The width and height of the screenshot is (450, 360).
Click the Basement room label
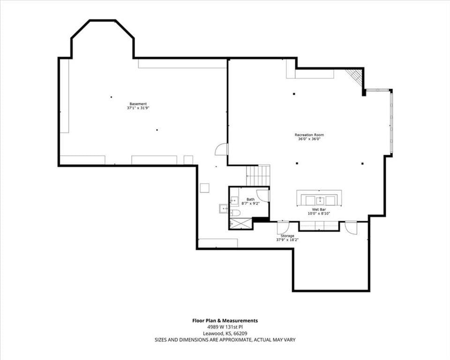click(138, 104)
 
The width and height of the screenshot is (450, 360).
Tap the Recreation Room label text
click(309, 135)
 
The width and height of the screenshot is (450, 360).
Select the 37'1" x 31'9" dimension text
click(138, 108)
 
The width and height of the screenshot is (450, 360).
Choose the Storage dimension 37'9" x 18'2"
click(287, 240)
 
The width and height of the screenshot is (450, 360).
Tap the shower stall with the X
click(240, 223)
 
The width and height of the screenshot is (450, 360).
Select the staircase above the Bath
click(258, 175)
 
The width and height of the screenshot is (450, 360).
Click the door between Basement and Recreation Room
click(222, 149)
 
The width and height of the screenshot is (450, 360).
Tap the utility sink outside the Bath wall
click(223, 208)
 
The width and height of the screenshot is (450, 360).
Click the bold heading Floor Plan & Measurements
click(225, 321)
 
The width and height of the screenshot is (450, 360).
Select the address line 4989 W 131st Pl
click(225, 327)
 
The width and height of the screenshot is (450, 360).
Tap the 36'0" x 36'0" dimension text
click(309, 139)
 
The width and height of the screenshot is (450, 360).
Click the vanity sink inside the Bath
click(234, 200)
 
